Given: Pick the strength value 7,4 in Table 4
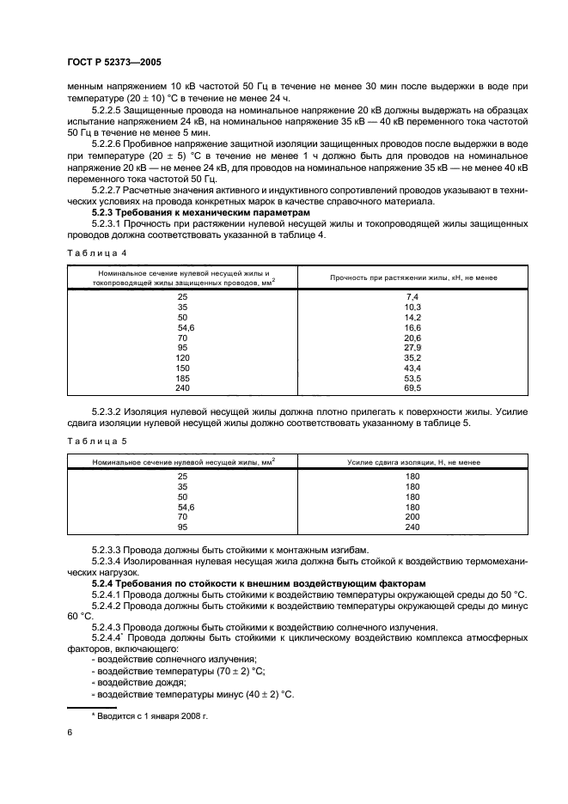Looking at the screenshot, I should pos(411,296).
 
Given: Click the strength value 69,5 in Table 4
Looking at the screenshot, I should pos(411,389).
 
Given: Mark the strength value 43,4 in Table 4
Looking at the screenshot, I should pos(411,368).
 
